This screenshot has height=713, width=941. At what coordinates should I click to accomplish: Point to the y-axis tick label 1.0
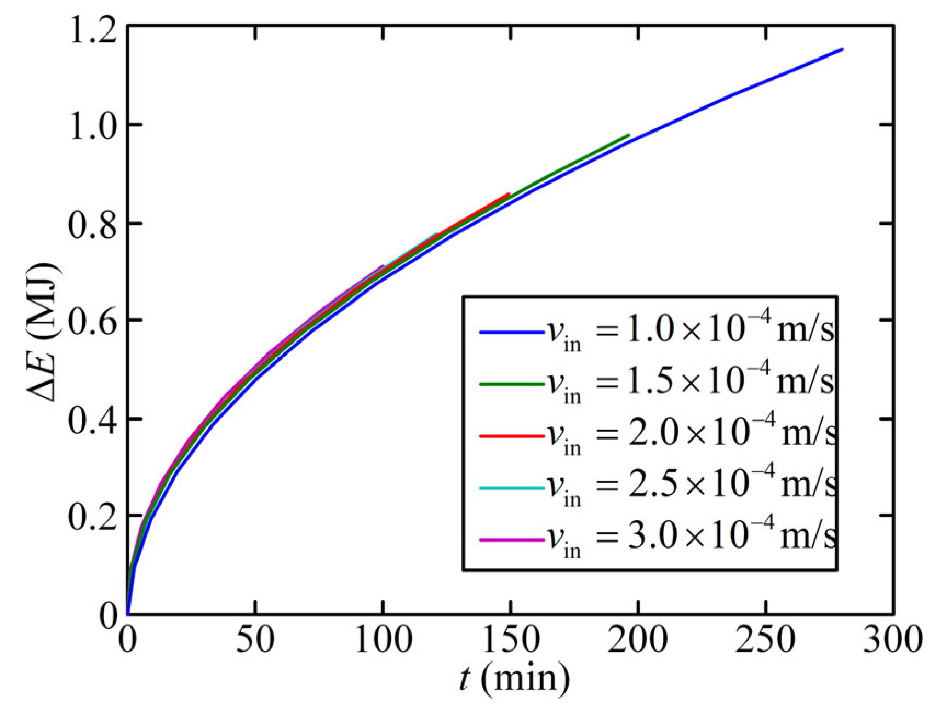(x=91, y=126)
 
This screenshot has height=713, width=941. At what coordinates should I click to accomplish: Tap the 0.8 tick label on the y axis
(x=91, y=224)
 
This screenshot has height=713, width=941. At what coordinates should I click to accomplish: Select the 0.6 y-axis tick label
(x=91, y=321)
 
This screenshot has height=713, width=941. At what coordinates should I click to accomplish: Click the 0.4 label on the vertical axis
(x=91, y=419)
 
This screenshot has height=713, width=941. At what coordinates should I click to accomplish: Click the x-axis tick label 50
(x=255, y=639)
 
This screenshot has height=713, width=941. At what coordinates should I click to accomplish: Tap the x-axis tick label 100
(x=383, y=639)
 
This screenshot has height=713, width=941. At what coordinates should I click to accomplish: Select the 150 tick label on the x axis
(x=511, y=639)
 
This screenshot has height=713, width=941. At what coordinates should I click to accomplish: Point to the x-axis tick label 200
(x=638, y=639)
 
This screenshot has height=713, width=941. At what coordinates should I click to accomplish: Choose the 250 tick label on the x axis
(x=765, y=639)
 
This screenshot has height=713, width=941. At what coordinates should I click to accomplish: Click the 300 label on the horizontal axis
(x=893, y=639)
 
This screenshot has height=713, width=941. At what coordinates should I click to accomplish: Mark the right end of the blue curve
(x=842, y=49)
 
